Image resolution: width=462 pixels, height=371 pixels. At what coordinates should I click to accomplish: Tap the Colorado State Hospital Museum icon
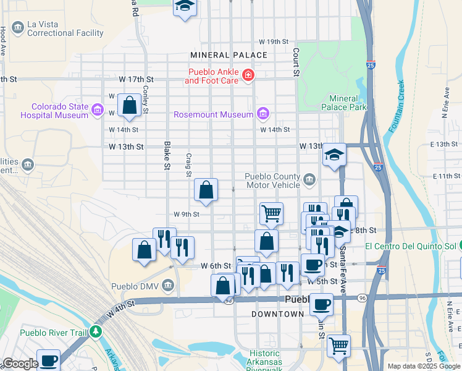[x=97, y=111]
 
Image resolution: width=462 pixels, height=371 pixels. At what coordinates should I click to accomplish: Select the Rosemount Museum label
[x=213, y=114]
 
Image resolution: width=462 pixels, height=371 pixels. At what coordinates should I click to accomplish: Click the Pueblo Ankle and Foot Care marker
[x=248, y=75]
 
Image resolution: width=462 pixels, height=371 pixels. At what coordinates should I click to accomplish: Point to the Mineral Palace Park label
[x=343, y=103]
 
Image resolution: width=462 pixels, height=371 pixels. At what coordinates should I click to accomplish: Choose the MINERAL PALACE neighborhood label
[x=229, y=55]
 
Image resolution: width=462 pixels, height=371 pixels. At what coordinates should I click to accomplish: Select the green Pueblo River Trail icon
[x=95, y=332]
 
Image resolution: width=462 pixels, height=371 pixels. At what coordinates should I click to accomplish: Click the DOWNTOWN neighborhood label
[x=277, y=314]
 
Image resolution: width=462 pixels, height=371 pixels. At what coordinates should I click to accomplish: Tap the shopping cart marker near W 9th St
[x=271, y=213]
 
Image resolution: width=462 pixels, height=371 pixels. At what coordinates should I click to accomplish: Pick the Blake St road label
[x=167, y=155]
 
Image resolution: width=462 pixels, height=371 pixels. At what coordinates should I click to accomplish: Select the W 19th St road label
[x=274, y=41]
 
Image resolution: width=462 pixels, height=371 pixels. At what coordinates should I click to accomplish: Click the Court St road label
[x=296, y=62]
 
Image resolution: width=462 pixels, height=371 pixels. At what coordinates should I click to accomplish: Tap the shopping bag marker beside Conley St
[x=130, y=106]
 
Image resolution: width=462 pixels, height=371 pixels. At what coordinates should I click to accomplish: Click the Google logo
[x=20, y=364]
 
